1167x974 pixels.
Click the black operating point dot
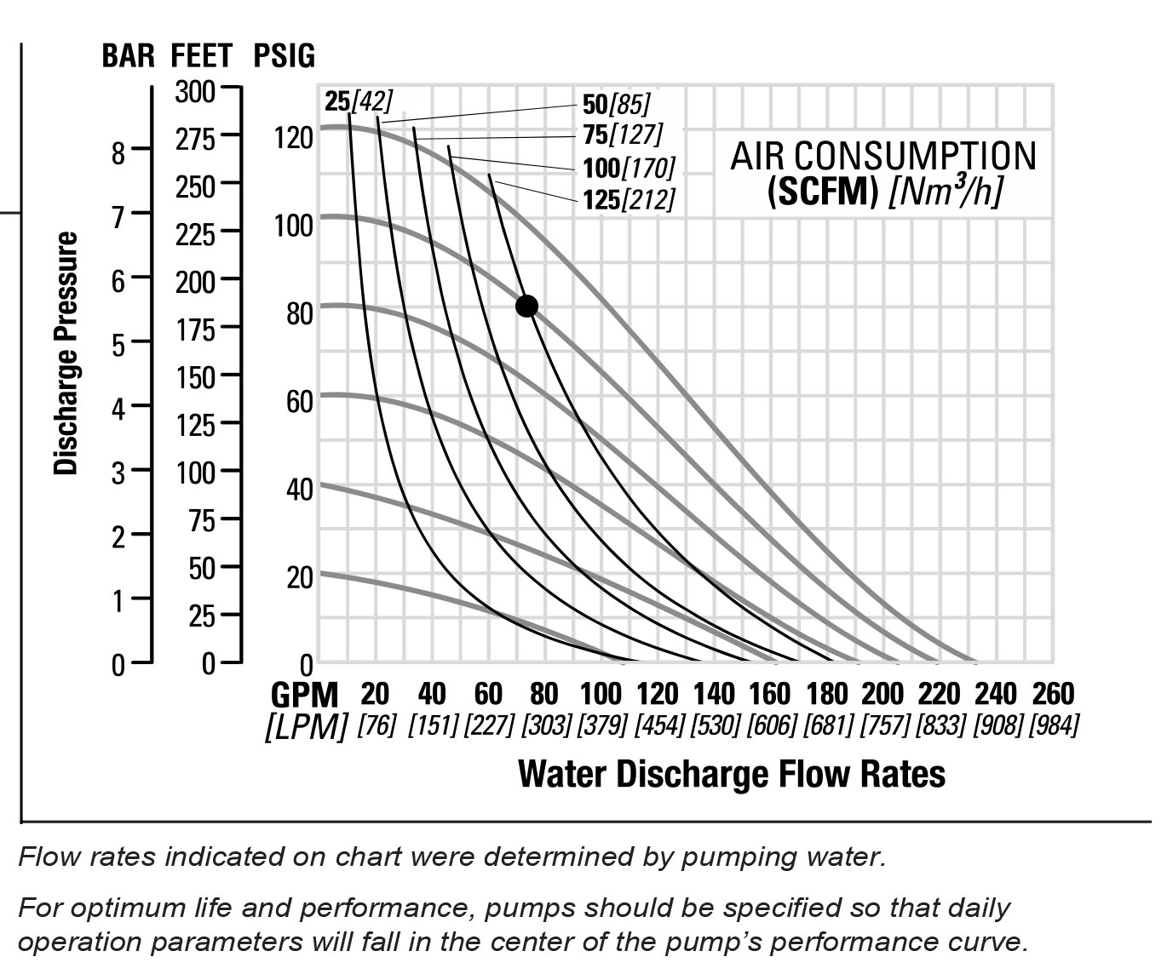point(526,306)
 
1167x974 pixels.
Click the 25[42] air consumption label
point(359,101)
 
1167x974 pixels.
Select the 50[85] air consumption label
point(616,105)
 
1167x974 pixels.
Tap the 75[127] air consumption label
point(622,135)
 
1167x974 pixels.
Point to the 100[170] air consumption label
point(629,167)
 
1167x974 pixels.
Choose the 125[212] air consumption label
point(629,199)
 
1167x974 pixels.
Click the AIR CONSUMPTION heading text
point(883,157)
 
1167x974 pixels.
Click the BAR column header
point(128,56)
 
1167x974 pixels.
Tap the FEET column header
point(201,56)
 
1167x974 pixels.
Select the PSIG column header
point(284,56)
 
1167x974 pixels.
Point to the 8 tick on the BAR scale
point(118,153)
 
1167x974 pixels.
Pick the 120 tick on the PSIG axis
point(293,136)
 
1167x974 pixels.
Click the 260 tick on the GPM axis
point(1053,694)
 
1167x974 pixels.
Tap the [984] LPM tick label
point(1054,726)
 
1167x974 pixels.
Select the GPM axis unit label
point(305,695)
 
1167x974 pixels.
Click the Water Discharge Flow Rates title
point(732,774)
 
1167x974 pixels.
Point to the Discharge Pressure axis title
point(66,353)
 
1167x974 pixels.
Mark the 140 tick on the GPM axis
point(714,694)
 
